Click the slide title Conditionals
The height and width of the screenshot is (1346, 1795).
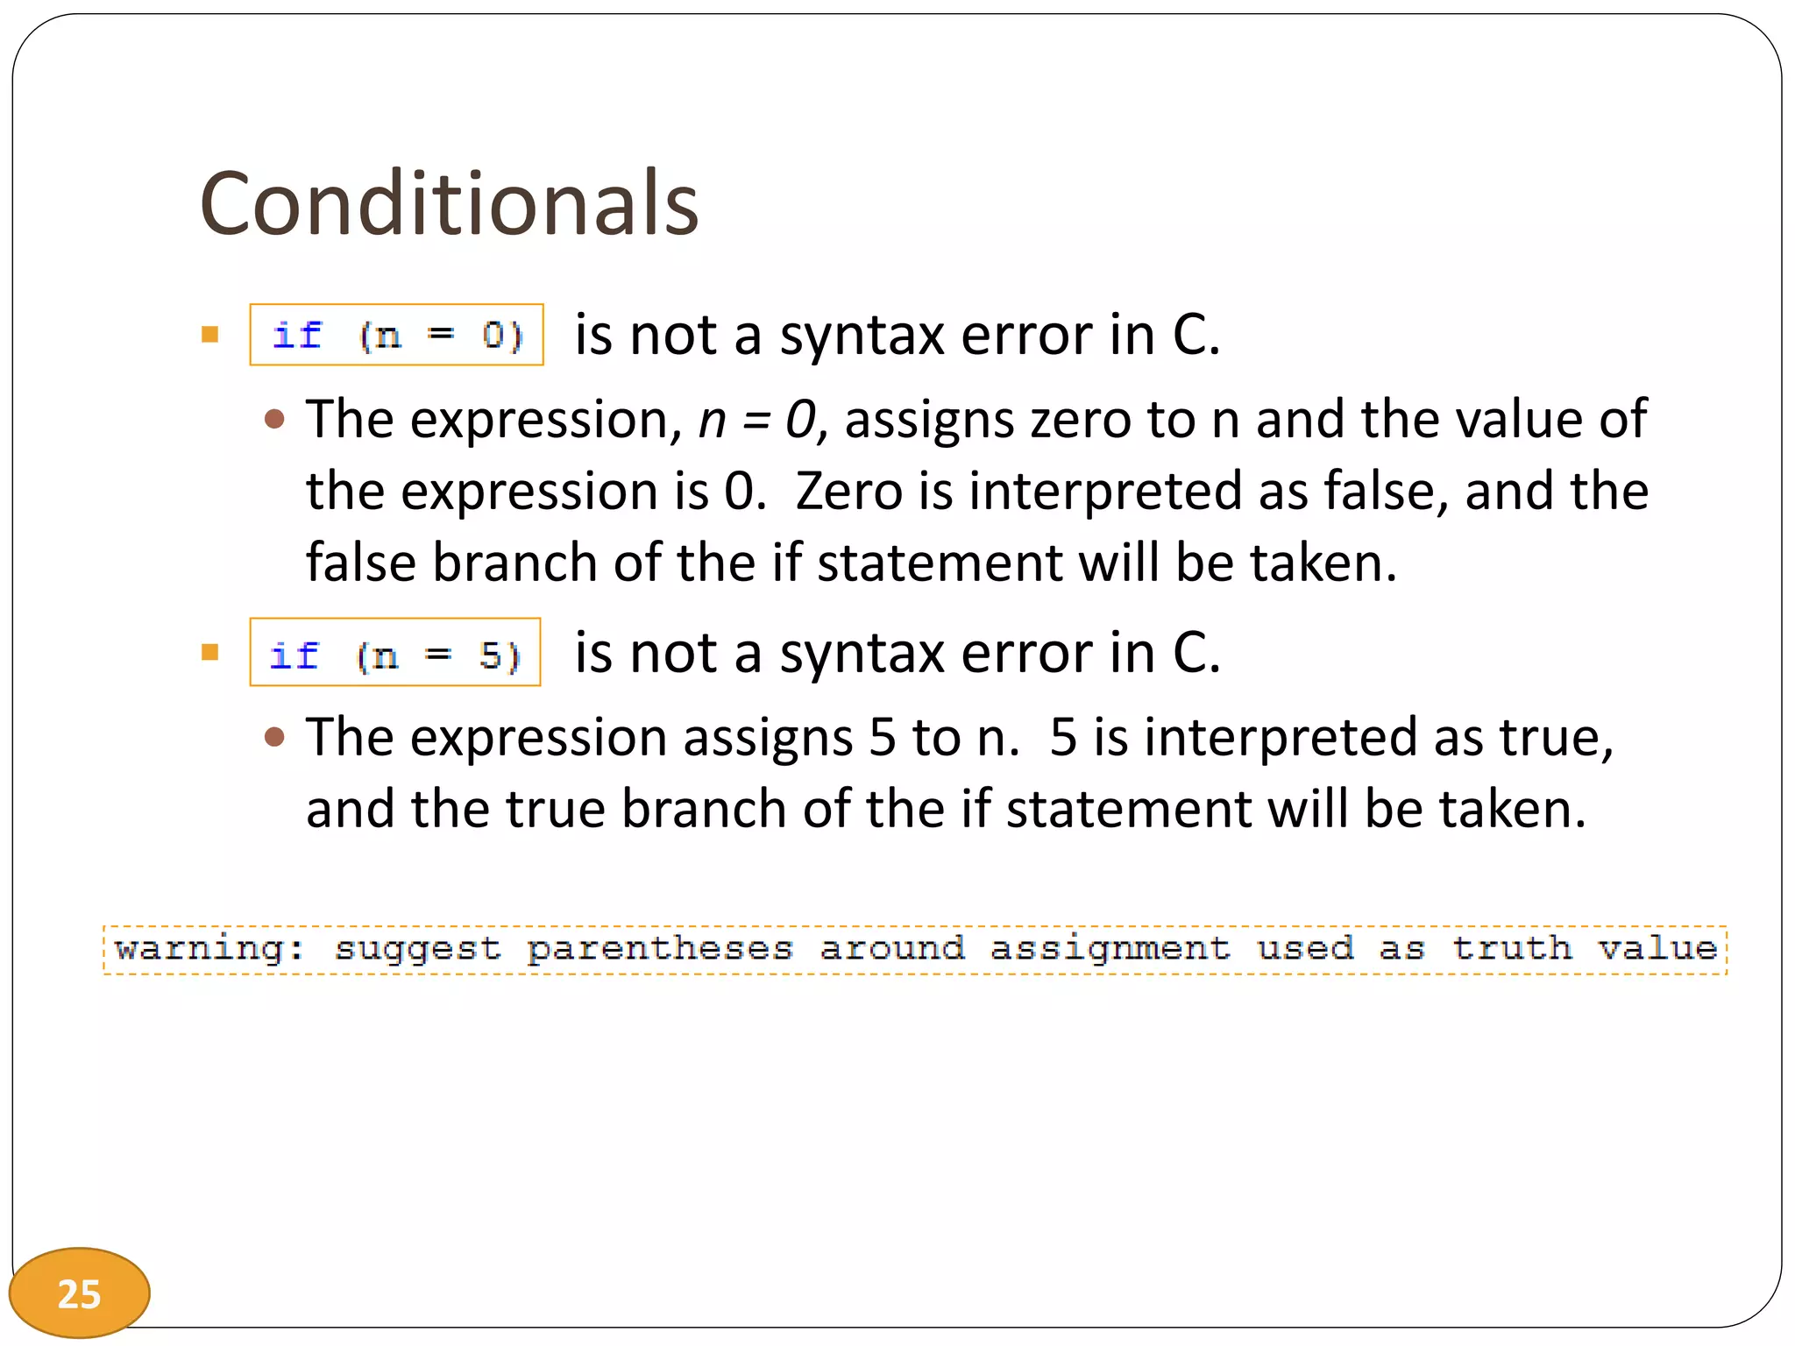[449, 204]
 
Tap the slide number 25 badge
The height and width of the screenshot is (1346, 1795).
[79, 1293]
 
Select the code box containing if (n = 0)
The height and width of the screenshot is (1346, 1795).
[396, 335]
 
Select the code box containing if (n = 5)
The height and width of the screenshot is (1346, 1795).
[394, 653]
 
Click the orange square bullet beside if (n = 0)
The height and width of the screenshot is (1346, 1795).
[209, 335]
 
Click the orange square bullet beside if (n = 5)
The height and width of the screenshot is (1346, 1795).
[209, 653]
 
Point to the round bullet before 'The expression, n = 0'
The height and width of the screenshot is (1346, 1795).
[274, 420]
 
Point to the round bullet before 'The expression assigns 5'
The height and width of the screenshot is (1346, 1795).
[274, 738]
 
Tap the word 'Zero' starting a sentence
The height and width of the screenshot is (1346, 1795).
[848, 491]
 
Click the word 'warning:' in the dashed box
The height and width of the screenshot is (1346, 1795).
[209, 949]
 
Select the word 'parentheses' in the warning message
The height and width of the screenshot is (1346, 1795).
[660, 949]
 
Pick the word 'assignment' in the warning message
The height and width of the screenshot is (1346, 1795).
[1110, 949]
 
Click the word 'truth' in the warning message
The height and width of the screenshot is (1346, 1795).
[1512, 949]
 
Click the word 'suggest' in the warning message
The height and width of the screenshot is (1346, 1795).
[417, 949]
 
